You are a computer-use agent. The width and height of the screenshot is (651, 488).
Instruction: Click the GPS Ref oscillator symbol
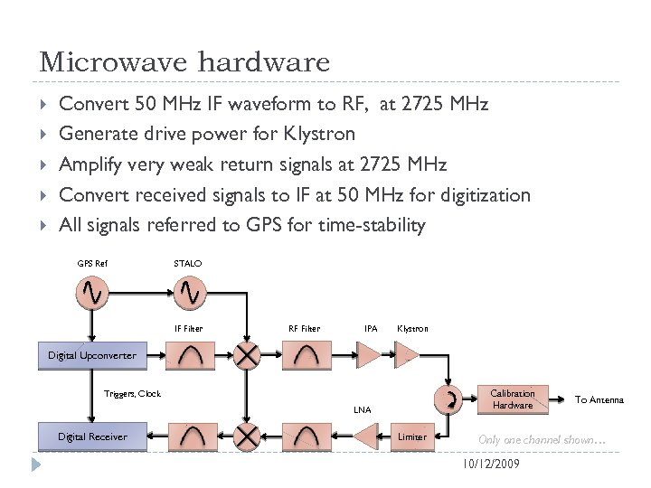pyautogui.click(x=93, y=292)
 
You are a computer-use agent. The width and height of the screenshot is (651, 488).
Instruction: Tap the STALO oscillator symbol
pyautogui.click(x=192, y=292)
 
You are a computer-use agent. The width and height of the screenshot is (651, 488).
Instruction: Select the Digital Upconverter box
pyautogui.click(x=92, y=355)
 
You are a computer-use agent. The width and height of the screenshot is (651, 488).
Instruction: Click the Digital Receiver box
pyautogui.click(x=92, y=436)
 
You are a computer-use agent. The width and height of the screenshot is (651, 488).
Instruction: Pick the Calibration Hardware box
pyautogui.click(x=512, y=399)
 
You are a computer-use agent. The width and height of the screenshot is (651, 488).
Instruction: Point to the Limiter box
pyautogui.click(x=412, y=436)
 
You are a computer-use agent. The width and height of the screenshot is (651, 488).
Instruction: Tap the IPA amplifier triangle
pyautogui.click(x=371, y=356)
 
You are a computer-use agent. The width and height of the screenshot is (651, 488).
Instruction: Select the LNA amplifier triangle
pyautogui.click(x=364, y=436)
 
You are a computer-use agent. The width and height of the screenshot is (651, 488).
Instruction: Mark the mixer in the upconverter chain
pyautogui.click(x=247, y=356)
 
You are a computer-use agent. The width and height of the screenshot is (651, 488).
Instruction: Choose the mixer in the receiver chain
pyautogui.click(x=247, y=437)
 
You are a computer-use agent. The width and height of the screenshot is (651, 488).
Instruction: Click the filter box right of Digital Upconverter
pyautogui.click(x=191, y=356)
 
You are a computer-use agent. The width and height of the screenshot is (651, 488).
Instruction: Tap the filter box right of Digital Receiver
pyautogui.click(x=191, y=437)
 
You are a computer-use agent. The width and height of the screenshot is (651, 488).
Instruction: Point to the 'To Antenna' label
pyautogui.click(x=599, y=399)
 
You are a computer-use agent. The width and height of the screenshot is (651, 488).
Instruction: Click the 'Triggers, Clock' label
pyautogui.click(x=132, y=394)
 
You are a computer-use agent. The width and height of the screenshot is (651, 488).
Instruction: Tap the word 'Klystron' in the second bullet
pyautogui.click(x=319, y=134)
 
